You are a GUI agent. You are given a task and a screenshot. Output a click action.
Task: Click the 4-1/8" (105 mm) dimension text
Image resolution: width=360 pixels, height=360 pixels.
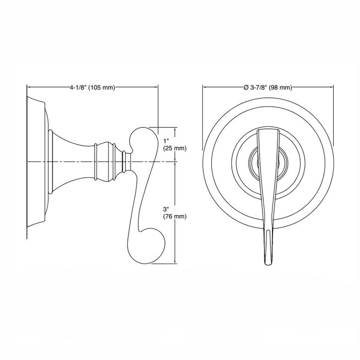(92, 88)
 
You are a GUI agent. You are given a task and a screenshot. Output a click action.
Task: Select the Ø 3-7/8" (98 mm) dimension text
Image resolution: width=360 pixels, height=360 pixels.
(268, 88)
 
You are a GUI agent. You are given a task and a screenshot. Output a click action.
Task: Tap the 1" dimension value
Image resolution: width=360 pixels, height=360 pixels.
(166, 141)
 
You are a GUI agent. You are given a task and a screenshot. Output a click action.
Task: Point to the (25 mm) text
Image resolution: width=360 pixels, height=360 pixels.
(174, 149)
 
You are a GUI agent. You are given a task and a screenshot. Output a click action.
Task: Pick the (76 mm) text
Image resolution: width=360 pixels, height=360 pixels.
(174, 216)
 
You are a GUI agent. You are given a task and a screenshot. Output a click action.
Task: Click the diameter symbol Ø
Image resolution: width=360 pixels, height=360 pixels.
(246, 88)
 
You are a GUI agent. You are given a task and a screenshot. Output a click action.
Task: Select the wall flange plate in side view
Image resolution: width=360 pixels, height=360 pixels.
(36, 162)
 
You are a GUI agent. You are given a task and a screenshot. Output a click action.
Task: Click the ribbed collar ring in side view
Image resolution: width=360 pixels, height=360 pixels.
(106, 162)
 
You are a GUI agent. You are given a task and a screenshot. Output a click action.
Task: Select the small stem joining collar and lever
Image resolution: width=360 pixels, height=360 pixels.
(127, 162)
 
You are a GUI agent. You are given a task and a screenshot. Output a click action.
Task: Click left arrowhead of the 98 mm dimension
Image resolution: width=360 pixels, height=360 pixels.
(204, 88)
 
